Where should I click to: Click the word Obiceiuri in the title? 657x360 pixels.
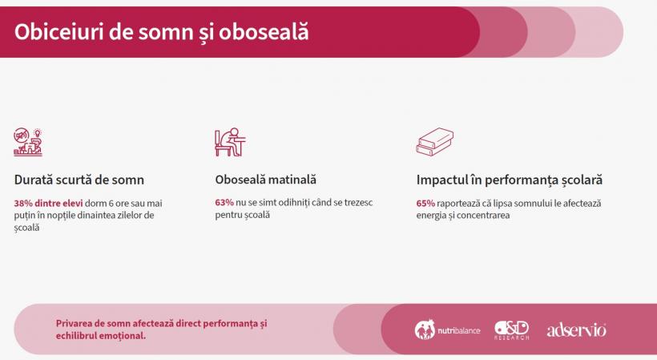pyautogui.click(x=58, y=32)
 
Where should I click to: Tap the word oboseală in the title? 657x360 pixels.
pyautogui.click(x=264, y=32)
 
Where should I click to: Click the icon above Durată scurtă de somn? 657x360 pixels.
pyautogui.click(x=28, y=142)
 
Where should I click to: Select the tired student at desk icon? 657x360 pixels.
pyautogui.click(x=230, y=142)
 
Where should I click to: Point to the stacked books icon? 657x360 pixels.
pyautogui.click(x=435, y=142)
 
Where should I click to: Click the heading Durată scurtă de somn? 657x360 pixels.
pyautogui.click(x=79, y=180)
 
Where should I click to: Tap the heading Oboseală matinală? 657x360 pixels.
pyautogui.click(x=266, y=180)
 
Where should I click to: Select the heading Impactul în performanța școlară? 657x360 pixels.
pyautogui.click(x=510, y=180)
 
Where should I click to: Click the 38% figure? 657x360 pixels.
pyautogui.click(x=23, y=204)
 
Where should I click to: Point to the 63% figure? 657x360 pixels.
pyautogui.click(x=224, y=202)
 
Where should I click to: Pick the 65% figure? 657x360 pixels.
pyautogui.click(x=425, y=204)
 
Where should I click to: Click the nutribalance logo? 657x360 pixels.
pyautogui.click(x=447, y=330)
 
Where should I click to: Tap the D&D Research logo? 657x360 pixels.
pyautogui.click(x=512, y=330)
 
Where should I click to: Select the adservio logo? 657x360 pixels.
pyautogui.click(x=577, y=330)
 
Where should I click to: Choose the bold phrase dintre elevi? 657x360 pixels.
pyautogui.click(x=58, y=204)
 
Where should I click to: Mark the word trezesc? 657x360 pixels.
pyautogui.click(x=358, y=202)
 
